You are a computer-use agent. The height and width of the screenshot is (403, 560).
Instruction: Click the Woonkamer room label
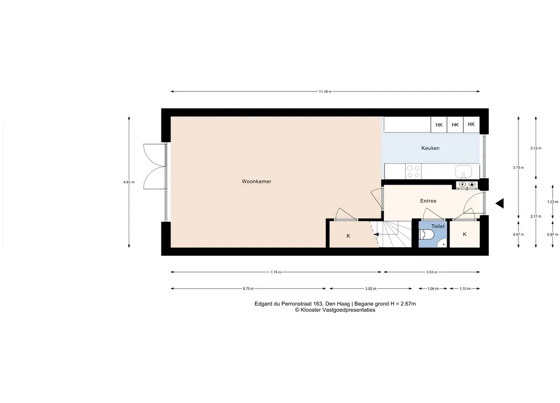click(x=256, y=182)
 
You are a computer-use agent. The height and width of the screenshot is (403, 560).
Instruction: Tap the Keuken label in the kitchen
click(x=430, y=148)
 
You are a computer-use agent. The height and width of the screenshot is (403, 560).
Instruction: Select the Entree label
click(x=428, y=201)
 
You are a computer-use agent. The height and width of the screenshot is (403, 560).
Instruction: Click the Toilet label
click(x=438, y=226)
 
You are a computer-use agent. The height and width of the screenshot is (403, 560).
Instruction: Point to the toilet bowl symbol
click(x=426, y=234)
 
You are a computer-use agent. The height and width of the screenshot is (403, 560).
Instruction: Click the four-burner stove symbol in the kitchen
click(x=413, y=171)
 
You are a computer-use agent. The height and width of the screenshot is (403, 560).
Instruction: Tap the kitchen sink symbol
click(x=463, y=171)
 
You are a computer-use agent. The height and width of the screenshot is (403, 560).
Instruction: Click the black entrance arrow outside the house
click(x=499, y=203)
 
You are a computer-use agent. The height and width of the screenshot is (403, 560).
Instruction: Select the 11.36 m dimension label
click(x=325, y=92)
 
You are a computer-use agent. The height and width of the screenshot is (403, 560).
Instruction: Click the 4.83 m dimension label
click(x=129, y=182)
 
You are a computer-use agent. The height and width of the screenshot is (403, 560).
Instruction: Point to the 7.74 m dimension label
click(x=276, y=272)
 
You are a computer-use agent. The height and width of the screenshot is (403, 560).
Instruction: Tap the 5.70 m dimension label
click(x=248, y=289)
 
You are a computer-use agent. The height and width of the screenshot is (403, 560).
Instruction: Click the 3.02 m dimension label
click(x=370, y=289)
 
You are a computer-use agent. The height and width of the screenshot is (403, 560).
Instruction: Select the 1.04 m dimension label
click(x=433, y=289)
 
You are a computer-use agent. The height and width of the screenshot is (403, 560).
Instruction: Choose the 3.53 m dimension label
click(x=432, y=272)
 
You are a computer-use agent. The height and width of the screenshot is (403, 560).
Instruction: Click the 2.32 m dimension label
click(x=536, y=148)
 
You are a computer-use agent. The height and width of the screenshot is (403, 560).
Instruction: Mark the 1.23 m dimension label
click(x=553, y=202)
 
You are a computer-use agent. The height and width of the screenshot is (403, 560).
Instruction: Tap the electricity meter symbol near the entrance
click(x=463, y=184)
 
